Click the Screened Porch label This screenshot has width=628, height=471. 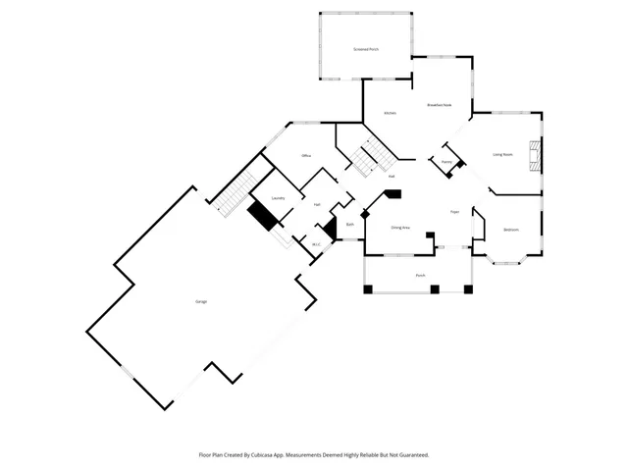pos(366,48)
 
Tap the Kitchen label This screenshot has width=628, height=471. pos(390,114)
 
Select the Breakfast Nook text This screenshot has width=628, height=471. pos(439,105)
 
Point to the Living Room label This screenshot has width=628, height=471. pos(502,154)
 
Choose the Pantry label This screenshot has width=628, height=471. pos(446,162)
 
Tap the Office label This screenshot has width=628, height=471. pos(306,157)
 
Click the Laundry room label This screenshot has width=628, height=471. pos(278,198)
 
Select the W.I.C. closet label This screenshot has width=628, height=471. pos(316,244)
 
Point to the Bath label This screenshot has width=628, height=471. pos(349,225)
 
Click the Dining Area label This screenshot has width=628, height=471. pos(400,228)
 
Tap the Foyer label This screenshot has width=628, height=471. pos(454,212)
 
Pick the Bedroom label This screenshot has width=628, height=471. pos(511,230)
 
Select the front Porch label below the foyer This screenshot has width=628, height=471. pos(420,276)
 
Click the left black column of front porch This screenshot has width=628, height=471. pos(368,289)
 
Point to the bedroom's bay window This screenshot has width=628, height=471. pos(507,259)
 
